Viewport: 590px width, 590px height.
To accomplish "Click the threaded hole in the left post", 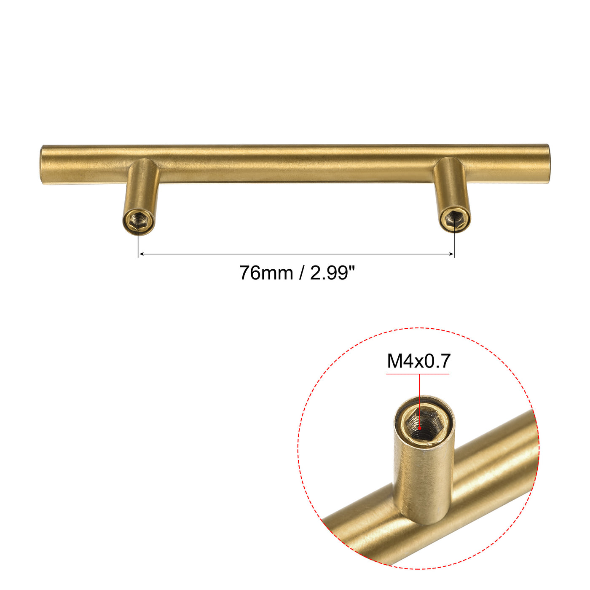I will pyautogui.click(x=138, y=219).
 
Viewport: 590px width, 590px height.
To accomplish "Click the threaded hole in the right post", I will pyautogui.click(x=454, y=218).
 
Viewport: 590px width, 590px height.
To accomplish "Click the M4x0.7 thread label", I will pyautogui.click(x=418, y=361).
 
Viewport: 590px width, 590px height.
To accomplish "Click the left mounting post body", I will pyautogui.click(x=142, y=185).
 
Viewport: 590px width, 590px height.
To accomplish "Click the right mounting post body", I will pyautogui.click(x=451, y=185).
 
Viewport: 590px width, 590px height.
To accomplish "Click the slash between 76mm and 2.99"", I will pyautogui.click(x=300, y=273).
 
